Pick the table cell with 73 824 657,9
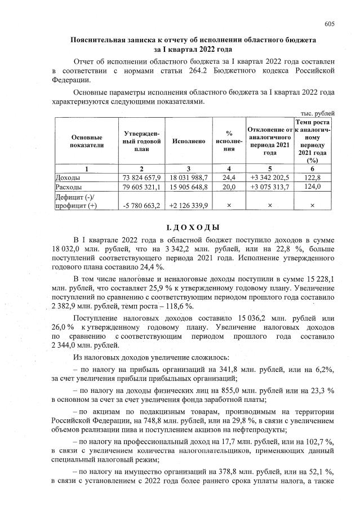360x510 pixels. [142, 178]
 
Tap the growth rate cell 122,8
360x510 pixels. [312, 178]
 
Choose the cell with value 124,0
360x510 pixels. [312, 187]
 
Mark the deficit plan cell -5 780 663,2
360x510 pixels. [142, 206]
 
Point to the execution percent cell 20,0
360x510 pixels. [229, 187]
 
